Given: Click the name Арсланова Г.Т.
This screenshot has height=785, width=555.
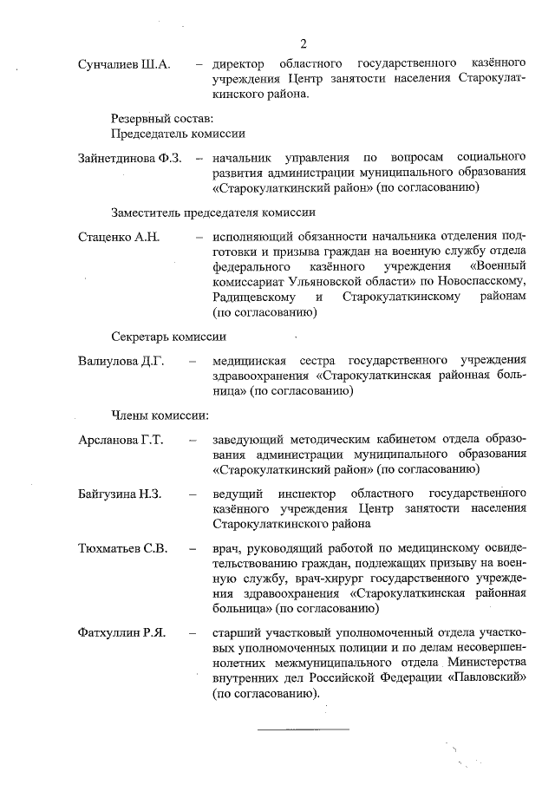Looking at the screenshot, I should (x=121, y=440).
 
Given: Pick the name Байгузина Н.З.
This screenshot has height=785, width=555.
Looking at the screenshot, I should (x=120, y=494).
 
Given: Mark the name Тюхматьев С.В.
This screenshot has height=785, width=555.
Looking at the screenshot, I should (x=122, y=549).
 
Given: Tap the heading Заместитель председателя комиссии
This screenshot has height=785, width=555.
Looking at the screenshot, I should (x=212, y=212).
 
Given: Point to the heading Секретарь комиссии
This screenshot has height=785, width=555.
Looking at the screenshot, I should (x=169, y=337).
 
